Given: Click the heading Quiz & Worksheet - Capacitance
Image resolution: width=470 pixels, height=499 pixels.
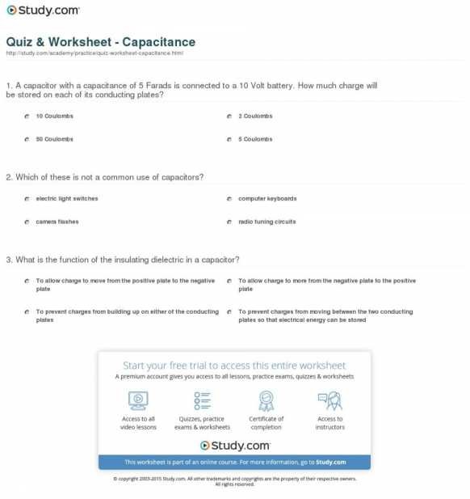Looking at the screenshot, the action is (x=100, y=41).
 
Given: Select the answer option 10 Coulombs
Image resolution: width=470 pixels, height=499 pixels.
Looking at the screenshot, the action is (x=54, y=116).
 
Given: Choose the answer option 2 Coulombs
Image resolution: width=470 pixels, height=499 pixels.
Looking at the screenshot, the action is (x=255, y=116).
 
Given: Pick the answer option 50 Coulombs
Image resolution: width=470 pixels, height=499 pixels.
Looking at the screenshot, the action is (x=54, y=139).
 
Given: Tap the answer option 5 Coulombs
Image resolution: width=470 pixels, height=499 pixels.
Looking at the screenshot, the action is (x=255, y=139).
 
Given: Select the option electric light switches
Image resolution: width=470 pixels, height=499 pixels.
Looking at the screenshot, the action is (x=67, y=198).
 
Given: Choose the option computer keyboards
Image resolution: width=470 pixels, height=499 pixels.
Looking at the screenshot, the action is (x=267, y=198).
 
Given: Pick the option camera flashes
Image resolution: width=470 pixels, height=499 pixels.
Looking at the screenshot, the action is (x=57, y=222).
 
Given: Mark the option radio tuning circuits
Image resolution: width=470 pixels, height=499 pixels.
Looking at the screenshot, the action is (x=266, y=222).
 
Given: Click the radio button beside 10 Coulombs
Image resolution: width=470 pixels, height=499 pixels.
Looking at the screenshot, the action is (x=27, y=116).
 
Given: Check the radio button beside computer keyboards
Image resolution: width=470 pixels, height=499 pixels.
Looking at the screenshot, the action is (x=230, y=198).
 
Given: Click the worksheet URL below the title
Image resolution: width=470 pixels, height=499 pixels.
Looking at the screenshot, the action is (x=94, y=53).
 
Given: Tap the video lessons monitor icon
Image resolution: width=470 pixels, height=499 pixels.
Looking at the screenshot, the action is (x=138, y=400).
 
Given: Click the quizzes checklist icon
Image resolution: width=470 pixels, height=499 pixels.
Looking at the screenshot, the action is (x=202, y=400).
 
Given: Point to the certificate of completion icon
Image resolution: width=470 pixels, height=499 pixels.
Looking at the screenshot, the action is (x=266, y=400).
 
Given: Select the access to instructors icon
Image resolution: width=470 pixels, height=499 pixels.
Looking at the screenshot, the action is (x=329, y=400).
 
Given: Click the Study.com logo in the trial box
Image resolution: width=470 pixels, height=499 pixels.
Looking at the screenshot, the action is (x=234, y=445).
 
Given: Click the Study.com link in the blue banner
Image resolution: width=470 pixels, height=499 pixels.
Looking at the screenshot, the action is (x=331, y=462).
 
